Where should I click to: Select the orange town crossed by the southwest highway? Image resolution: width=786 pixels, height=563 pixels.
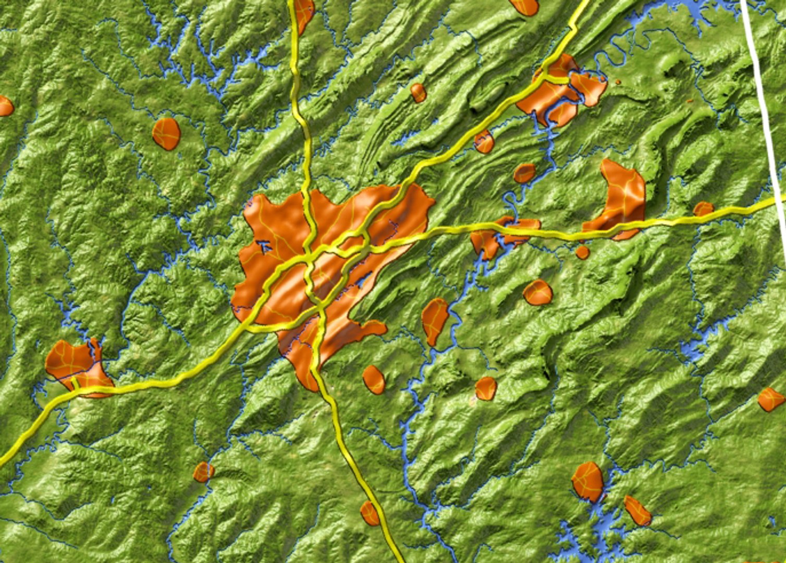coord(78,365)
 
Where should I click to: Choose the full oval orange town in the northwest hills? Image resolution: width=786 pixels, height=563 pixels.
coord(166,134)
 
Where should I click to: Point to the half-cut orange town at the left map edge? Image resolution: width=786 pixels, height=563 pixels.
coord(5,106)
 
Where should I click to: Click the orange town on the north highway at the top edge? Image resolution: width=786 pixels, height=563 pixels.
coord(303,13)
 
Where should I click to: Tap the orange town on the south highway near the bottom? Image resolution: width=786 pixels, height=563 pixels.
coord(370,513)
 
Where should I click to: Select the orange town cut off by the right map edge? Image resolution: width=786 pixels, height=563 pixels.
coord(770,399)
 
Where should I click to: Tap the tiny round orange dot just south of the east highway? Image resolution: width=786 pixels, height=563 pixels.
coord(582,253)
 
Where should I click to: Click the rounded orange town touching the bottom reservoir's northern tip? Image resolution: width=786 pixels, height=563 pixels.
coord(588,481)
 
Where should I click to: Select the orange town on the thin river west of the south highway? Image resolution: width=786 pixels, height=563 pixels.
coord(203,472)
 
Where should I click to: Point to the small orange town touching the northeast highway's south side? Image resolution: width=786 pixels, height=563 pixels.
coord(484,142)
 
